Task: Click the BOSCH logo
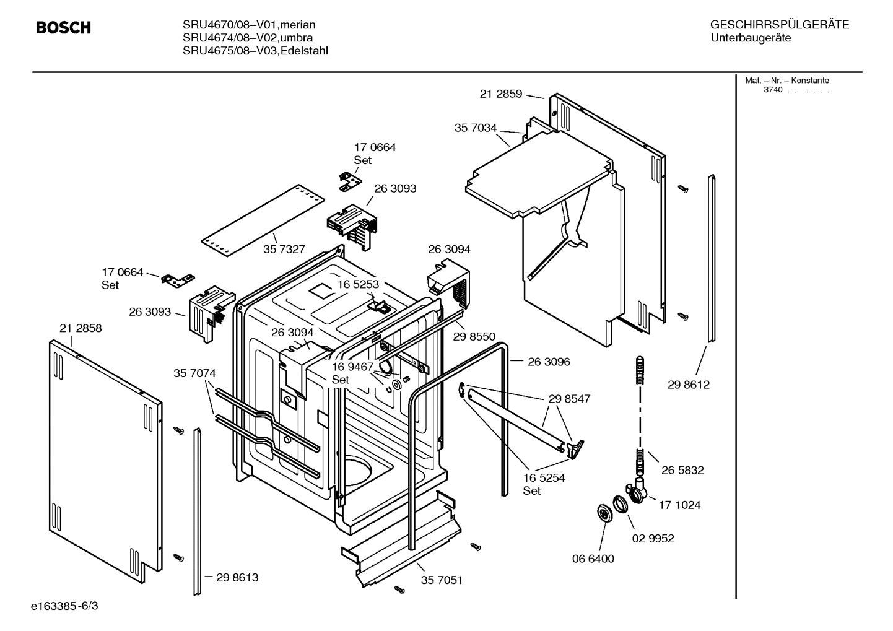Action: pos(63,28)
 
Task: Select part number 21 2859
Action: pos(500,94)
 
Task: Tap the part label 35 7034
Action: pos(475,128)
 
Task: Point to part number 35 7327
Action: pos(284,249)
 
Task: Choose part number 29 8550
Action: pos(474,337)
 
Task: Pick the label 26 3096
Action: pos(549,362)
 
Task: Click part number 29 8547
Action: pos(569,399)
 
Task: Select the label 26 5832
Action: pos(682,470)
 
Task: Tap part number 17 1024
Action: pos(679,505)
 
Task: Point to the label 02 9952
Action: pos(653,538)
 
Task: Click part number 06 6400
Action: pos(593,559)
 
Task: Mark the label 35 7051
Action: pos(442,580)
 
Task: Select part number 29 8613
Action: pos(237,577)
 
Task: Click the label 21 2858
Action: pos(81,328)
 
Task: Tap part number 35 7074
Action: pos(194,373)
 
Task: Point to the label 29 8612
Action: pos(688,385)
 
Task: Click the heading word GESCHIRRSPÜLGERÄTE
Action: pos(779,25)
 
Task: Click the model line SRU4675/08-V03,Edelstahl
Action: pos(255,51)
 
